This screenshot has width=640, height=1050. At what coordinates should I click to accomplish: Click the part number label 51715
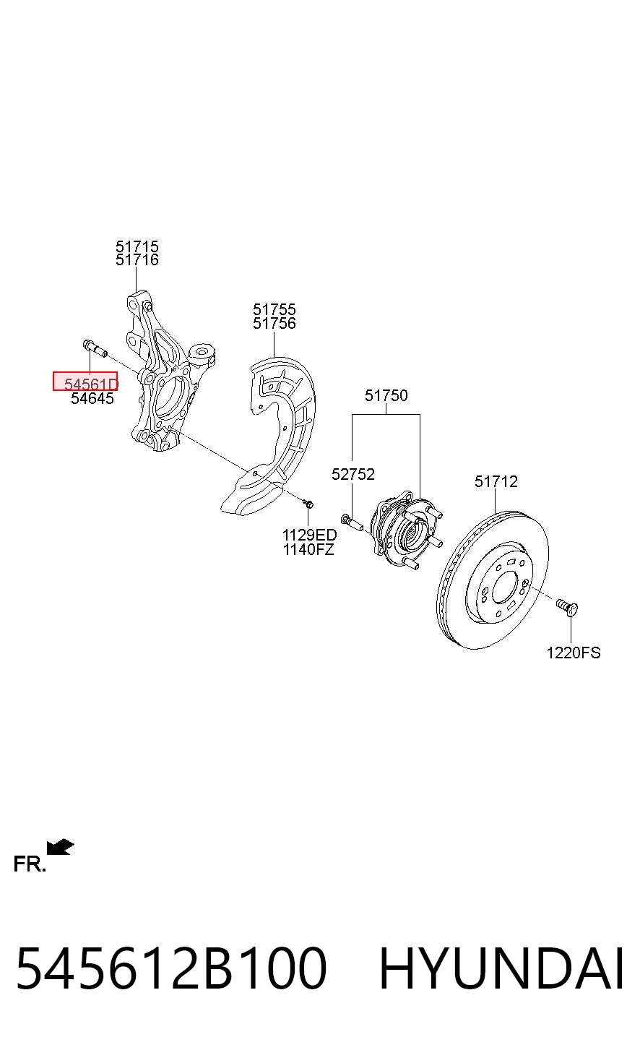pos(137,246)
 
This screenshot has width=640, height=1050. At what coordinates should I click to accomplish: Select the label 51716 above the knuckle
pos(137,259)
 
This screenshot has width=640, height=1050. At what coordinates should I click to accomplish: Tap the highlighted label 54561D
pos(91,384)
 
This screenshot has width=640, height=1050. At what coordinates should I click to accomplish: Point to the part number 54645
pos(92,398)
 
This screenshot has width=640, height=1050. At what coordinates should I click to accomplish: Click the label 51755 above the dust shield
pos(274,309)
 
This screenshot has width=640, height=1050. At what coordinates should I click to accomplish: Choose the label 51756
pos(274,323)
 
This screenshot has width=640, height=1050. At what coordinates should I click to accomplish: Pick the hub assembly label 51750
pos(386,395)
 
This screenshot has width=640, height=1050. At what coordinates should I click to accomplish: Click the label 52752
pos(353,474)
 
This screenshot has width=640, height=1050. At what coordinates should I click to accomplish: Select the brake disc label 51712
pos(496,481)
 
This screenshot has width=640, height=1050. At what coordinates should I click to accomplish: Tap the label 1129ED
pos(309,535)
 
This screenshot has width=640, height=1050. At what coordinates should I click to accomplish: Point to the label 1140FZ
pos(308,549)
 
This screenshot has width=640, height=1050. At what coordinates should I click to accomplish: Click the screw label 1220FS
pos(574,653)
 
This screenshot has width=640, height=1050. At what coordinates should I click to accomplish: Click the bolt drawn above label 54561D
pos(95,349)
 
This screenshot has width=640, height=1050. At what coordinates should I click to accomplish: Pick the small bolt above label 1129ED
pos(308,504)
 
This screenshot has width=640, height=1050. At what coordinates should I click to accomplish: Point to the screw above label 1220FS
pos(567,607)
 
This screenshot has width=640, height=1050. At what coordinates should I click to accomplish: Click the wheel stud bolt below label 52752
pos(353,522)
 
